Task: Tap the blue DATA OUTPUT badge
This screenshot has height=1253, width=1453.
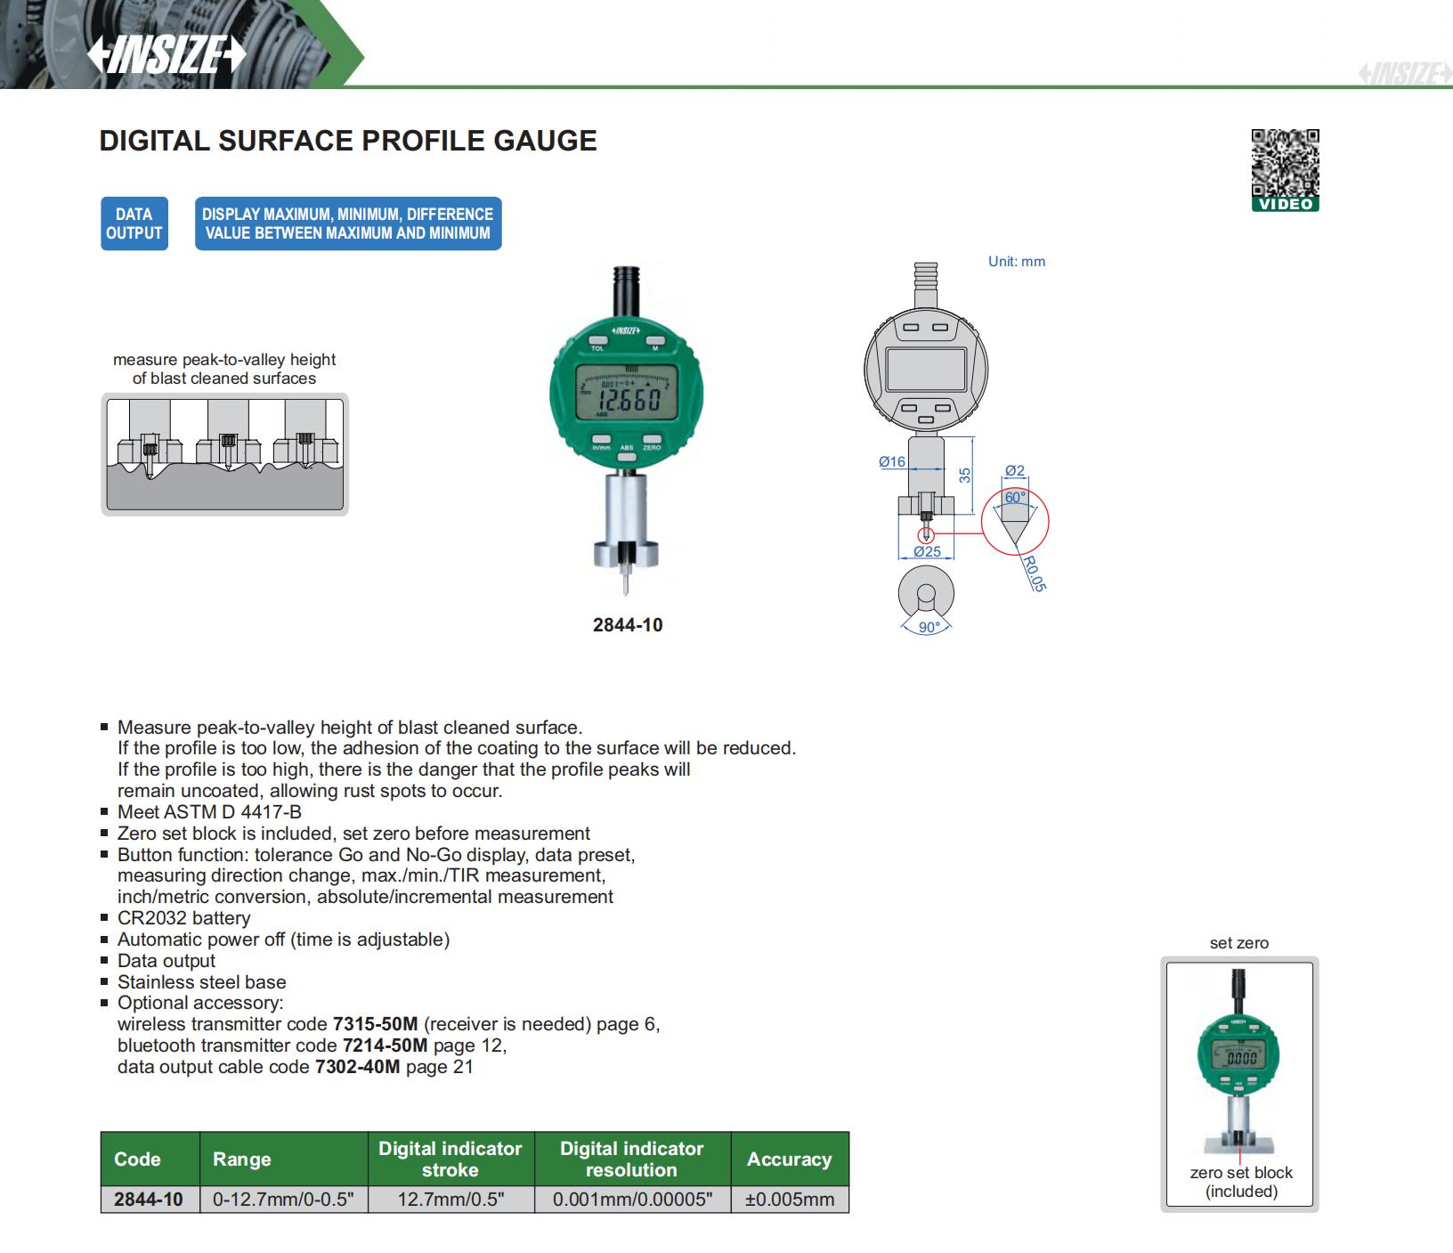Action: click(134, 224)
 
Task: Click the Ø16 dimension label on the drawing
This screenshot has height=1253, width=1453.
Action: click(891, 461)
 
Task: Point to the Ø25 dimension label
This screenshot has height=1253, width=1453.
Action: click(927, 552)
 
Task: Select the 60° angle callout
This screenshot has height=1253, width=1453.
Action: click(1015, 498)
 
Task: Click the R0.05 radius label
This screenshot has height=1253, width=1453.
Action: click(1034, 574)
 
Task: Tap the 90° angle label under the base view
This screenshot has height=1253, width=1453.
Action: click(929, 628)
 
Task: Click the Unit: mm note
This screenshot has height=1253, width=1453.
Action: click(1017, 262)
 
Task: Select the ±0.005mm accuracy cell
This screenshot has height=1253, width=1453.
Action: click(790, 1200)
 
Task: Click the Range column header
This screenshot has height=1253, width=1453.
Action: click(242, 1159)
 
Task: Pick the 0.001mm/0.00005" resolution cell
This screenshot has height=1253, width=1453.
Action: click(632, 1200)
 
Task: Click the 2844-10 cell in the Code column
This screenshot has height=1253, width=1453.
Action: click(149, 1200)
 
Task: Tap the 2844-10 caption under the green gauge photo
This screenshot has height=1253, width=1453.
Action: click(628, 625)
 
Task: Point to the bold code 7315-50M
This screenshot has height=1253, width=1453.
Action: click(375, 1024)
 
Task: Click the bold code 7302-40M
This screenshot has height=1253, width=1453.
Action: click(358, 1067)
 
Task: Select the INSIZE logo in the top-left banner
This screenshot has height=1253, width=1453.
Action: click(166, 55)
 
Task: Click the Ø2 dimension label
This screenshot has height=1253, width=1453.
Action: click(1015, 471)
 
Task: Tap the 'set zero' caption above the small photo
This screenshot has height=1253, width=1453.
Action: click(1239, 943)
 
